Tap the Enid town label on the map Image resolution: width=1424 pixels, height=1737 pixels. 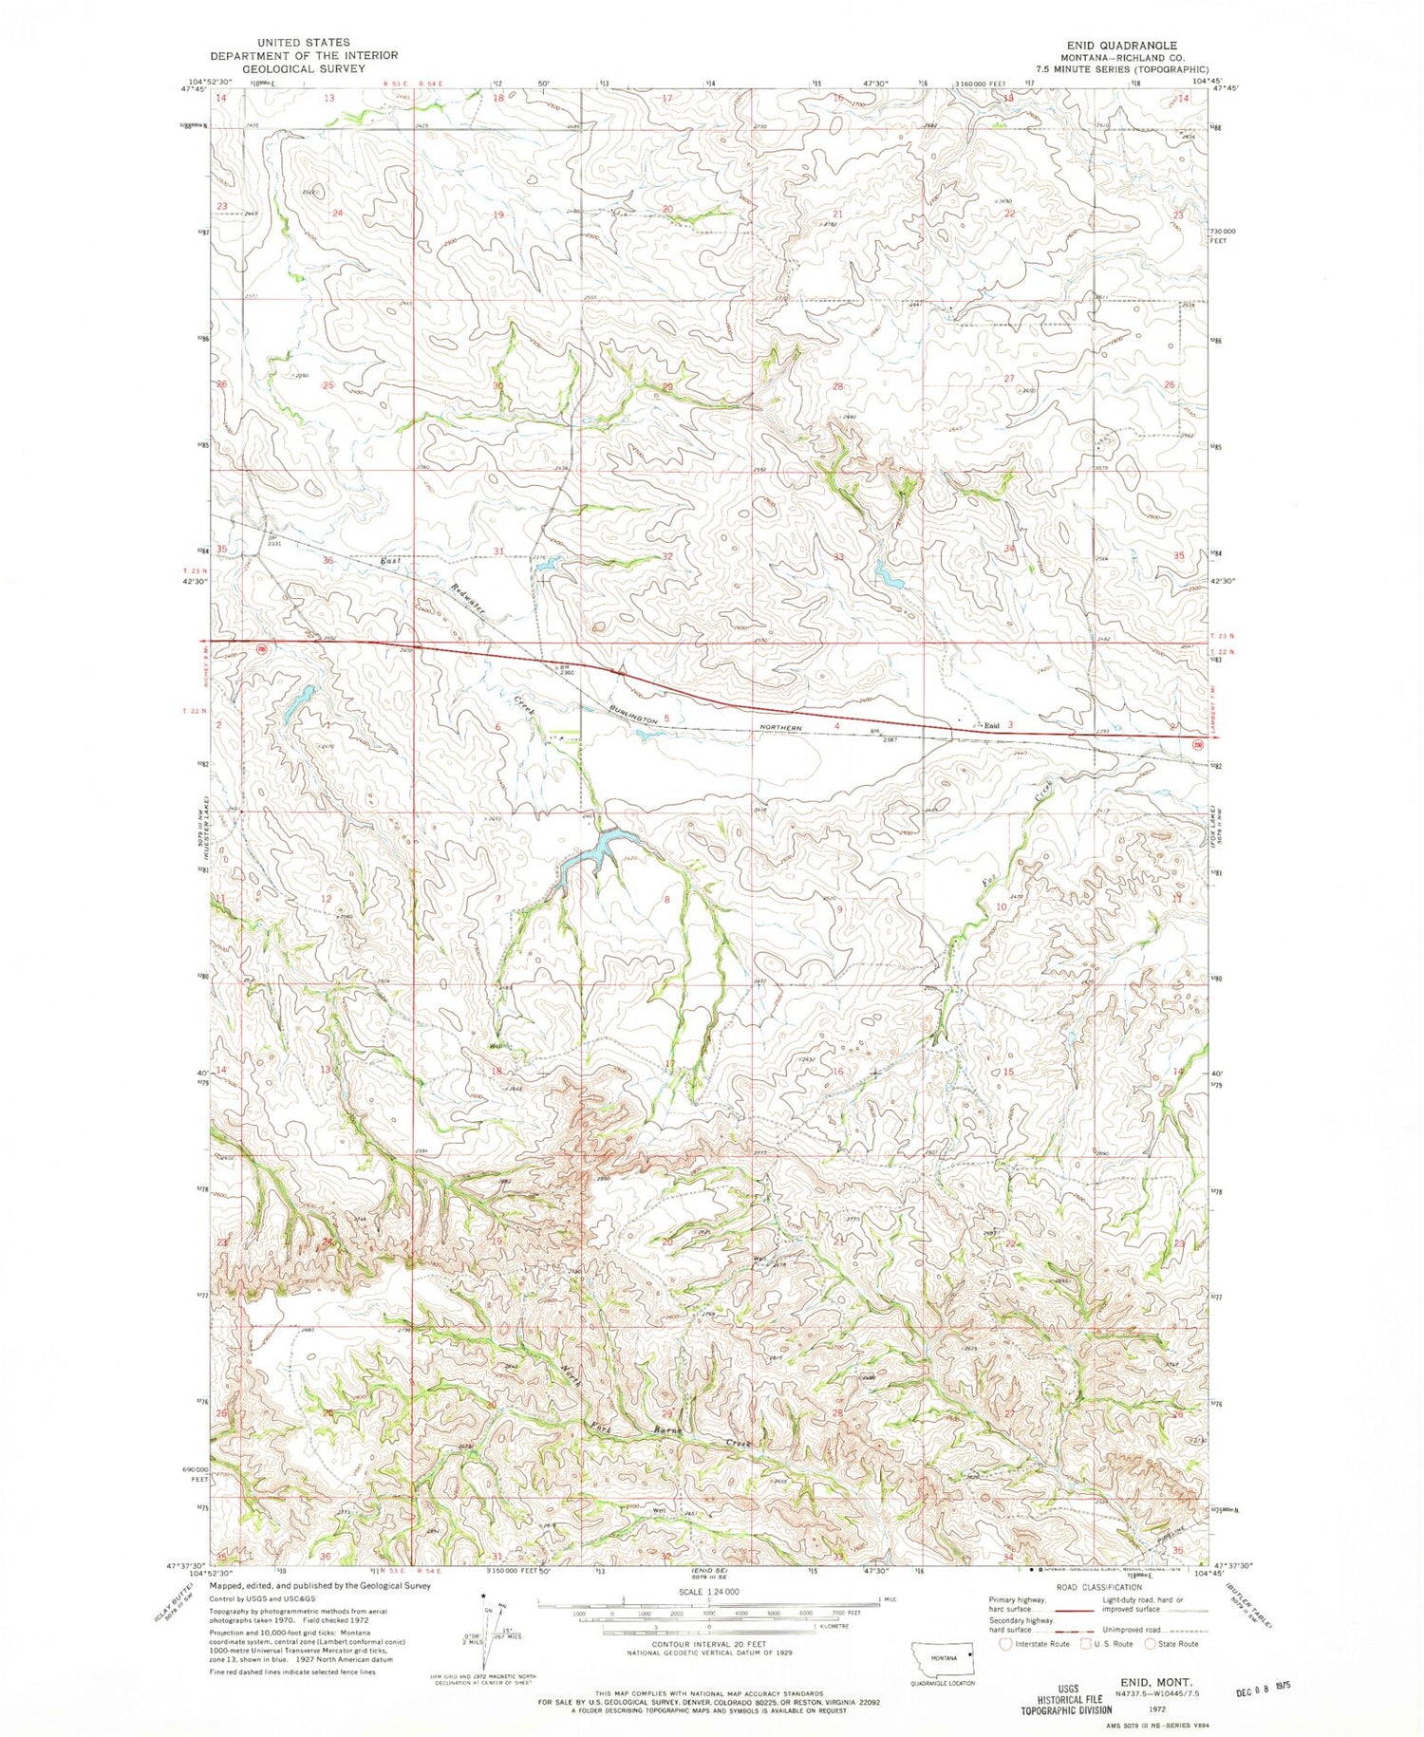click(991, 725)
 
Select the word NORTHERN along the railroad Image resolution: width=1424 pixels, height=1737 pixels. click(783, 728)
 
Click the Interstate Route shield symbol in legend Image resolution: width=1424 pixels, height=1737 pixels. click(1006, 1644)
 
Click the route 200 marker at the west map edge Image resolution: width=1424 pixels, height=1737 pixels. click(262, 647)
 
